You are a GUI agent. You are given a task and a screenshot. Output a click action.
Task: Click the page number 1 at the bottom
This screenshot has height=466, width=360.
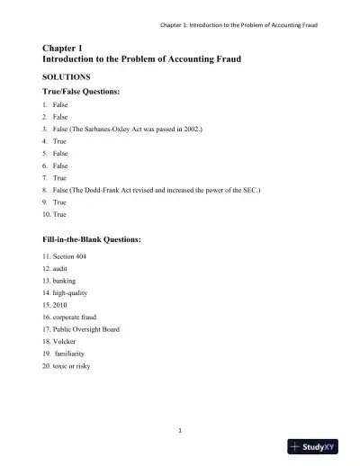click(180, 431)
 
